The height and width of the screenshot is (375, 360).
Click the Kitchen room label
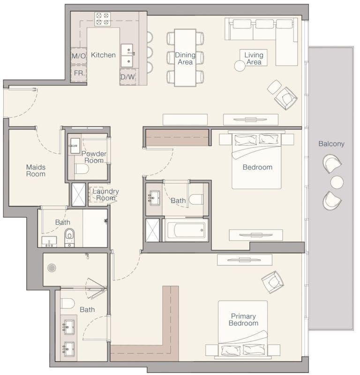[103, 55]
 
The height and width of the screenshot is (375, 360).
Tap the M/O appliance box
[78, 56]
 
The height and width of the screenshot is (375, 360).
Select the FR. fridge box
[78, 74]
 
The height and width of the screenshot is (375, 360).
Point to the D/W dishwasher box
[127, 77]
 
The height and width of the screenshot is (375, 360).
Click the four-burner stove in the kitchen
[102, 19]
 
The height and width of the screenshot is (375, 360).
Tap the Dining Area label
[185, 59]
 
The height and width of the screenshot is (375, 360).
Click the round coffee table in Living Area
[240, 66]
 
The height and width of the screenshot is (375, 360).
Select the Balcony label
[331, 144]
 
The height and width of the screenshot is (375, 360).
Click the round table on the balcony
[337, 182]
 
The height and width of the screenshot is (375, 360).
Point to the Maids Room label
[36, 170]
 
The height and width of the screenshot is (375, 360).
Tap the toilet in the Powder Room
[82, 169]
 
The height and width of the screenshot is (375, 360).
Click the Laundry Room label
[105, 195]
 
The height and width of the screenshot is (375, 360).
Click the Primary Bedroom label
[243, 320]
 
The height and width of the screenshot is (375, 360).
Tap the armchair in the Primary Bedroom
[272, 282]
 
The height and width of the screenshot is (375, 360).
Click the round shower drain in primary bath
[52, 267]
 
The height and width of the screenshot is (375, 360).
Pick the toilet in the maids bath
[69, 235]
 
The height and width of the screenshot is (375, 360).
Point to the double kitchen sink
[127, 56]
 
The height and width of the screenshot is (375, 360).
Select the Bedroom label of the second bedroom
[257, 167]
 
